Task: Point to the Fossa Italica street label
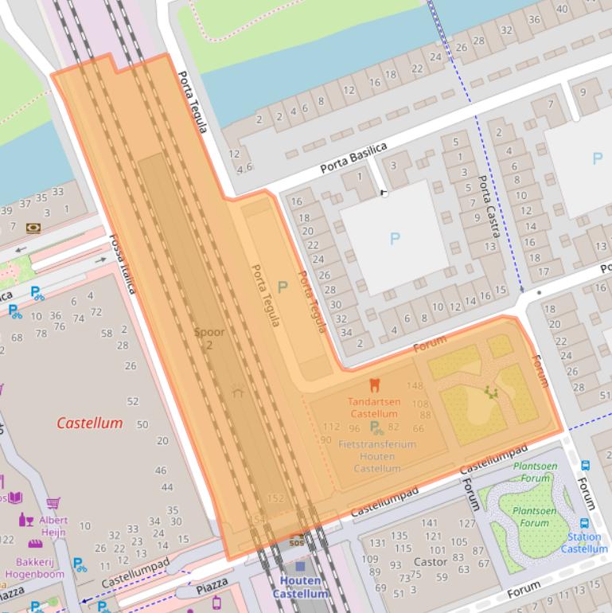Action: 123,263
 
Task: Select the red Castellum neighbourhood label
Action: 89,423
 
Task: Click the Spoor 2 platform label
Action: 209,338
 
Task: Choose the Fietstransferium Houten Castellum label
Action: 376,456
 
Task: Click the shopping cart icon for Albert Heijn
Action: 53,503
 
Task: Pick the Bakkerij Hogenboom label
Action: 34,567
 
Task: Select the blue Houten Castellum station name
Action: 300,588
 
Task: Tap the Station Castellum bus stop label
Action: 584,543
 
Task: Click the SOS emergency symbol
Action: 296,542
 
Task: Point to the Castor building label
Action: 431,562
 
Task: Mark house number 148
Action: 415,386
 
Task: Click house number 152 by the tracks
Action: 275,498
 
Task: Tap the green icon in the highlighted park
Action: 490,392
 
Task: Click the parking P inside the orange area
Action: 282,287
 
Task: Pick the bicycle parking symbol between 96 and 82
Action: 376,428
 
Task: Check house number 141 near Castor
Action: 430,523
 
